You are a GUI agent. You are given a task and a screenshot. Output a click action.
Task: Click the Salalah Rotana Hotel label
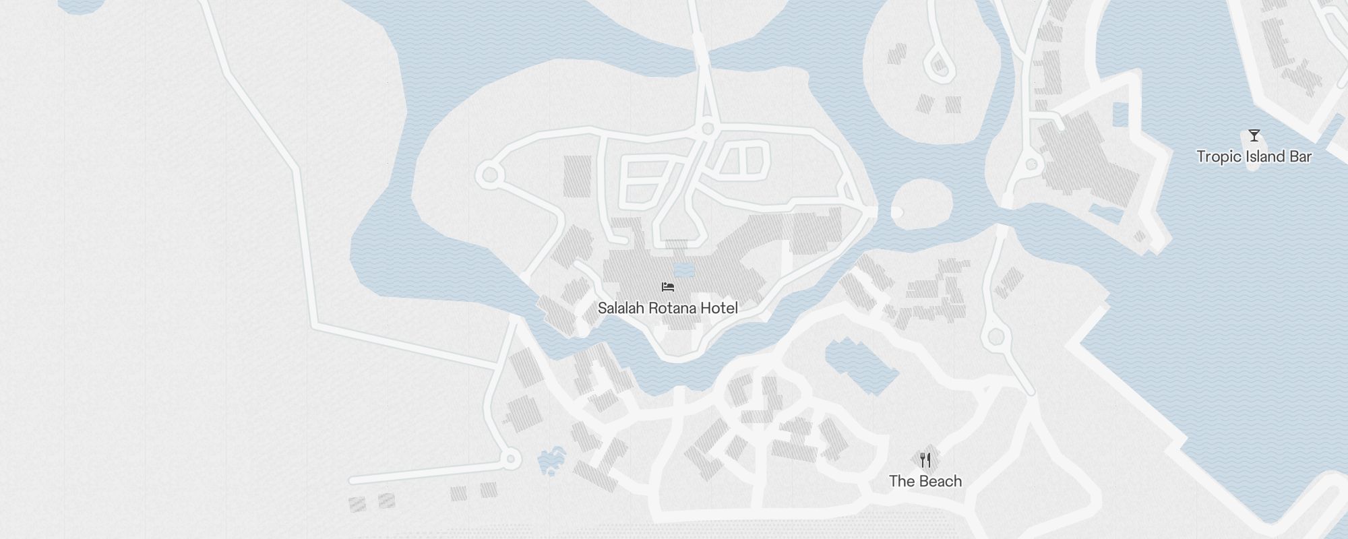[667, 308]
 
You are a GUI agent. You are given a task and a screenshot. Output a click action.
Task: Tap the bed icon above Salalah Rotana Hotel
[668, 287]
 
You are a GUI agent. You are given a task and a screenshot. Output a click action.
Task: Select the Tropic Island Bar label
[1254, 156]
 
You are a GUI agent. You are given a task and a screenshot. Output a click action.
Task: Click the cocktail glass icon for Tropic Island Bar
[1254, 135]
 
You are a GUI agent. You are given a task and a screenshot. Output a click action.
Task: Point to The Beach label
[925, 481]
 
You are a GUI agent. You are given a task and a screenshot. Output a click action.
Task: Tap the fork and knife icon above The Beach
[925, 460]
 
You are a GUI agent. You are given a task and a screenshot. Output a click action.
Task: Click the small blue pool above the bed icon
[683, 271]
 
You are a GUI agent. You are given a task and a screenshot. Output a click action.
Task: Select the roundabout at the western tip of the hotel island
[490, 175]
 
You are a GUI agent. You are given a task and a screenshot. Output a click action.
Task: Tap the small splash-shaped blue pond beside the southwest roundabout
[552, 461]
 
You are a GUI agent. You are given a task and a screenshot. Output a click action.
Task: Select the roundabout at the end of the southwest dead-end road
[510, 459]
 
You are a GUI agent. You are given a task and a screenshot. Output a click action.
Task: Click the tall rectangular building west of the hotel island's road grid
[577, 176]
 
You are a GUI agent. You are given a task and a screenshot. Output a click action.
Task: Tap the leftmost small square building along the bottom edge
[357, 503]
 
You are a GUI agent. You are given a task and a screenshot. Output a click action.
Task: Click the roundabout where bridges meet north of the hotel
[707, 128]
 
